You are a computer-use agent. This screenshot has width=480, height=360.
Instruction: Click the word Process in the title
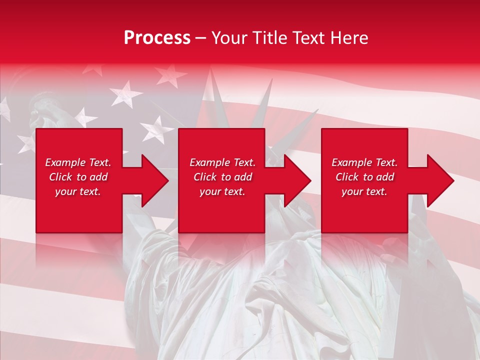point(157,38)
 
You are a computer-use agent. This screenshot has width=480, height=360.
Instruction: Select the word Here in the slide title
point(348,38)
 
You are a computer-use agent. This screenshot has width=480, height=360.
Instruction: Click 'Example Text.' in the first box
point(78,162)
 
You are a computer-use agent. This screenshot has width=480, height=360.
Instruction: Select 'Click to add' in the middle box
point(222,177)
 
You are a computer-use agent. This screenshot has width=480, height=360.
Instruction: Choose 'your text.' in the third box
point(364,191)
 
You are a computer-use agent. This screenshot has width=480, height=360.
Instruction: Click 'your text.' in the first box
point(78,191)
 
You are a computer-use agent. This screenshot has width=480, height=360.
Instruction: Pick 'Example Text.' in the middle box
point(222,162)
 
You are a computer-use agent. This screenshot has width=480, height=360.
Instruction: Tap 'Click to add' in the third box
point(364,177)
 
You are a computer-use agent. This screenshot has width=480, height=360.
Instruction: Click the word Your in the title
point(228,38)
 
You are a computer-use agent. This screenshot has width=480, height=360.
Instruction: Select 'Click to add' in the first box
point(78,177)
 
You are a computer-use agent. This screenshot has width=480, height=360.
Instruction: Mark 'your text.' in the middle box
point(222,191)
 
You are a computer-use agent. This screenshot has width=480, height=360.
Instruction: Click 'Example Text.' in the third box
point(364,162)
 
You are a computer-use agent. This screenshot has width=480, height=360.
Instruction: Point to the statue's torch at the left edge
point(37,107)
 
